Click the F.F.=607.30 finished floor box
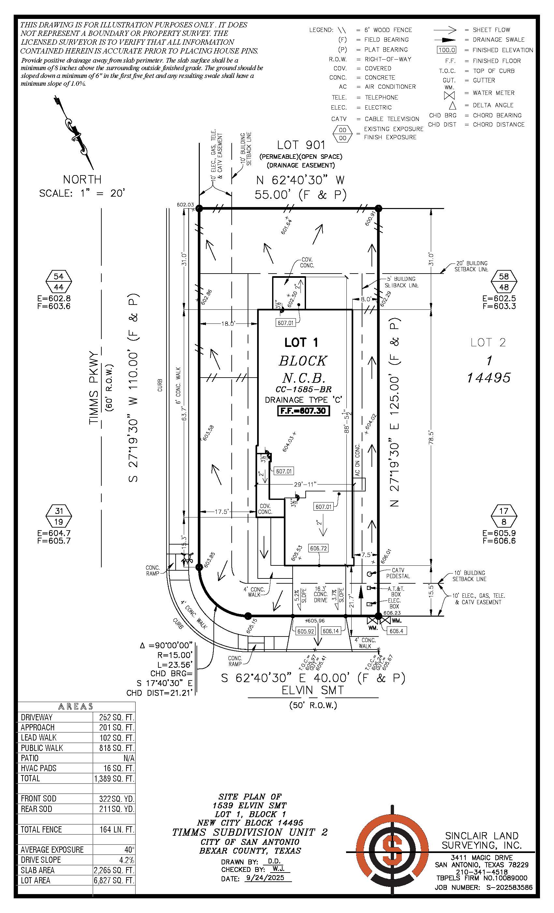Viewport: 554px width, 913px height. point(303,411)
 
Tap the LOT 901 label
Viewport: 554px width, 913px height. point(301,145)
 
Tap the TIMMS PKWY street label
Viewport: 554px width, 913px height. point(95,388)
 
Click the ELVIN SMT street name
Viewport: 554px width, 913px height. point(313,690)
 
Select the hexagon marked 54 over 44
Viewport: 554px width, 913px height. point(59,282)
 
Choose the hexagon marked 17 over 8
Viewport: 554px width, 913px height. point(503,516)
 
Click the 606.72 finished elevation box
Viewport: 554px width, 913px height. point(318,548)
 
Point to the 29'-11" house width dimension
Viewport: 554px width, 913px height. point(304,484)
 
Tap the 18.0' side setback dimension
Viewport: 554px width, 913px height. point(228,323)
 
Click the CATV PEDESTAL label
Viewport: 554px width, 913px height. point(398,573)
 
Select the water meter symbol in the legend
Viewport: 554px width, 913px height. point(449,95)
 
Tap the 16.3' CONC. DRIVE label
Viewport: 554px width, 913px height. point(320,594)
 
